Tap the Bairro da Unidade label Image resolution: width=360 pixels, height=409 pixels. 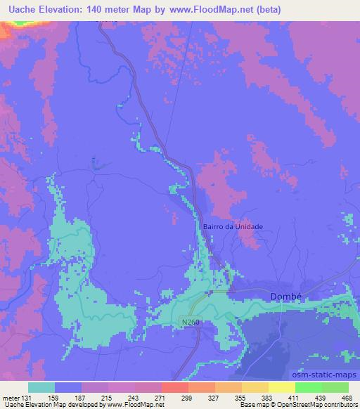(232, 226)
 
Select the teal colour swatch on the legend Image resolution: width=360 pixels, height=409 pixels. (41, 387)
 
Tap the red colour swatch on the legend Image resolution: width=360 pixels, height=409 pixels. (174, 387)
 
